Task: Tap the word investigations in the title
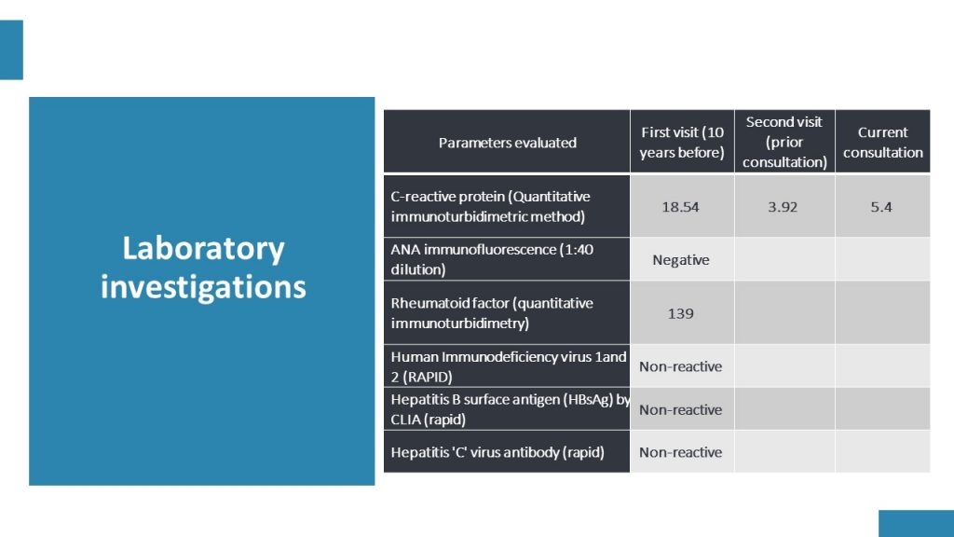tap(203, 287)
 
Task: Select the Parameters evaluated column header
tap(508, 143)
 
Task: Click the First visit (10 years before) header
tap(682, 143)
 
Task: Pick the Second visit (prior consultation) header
tap(784, 142)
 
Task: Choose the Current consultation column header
tap(883, 143)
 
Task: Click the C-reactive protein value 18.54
tap(680, 207)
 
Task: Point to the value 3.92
tap(783, 207)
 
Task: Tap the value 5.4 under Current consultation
tap(881, 207)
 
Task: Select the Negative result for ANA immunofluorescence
tap(681, 260)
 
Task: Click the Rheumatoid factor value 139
tap(680, 313)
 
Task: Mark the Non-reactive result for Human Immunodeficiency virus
tap(681, 366)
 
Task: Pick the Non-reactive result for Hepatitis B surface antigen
tap(681, 410)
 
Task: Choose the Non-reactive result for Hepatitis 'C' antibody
tap(681, 452)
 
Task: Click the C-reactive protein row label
tap(490, 206)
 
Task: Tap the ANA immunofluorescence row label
tap(492, 259)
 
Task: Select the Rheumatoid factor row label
tap(492, 313)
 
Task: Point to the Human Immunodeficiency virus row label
tap(509, 366)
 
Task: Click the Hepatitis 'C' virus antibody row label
tap(497, 452)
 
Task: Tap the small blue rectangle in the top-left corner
tap(11, 50)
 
